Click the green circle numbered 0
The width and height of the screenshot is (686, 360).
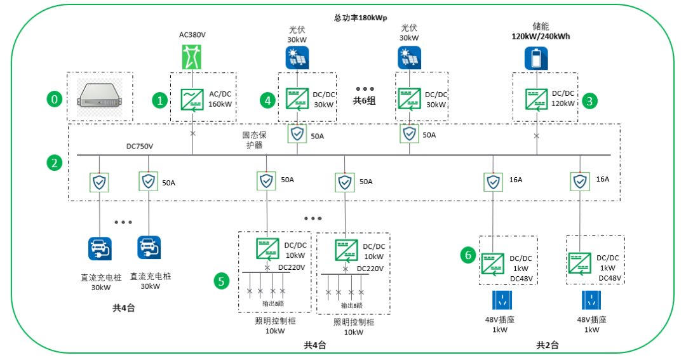click(x=55, y=99)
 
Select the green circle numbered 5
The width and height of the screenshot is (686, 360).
click(x=221, y=281)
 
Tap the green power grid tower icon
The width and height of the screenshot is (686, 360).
click(x=191, y=58)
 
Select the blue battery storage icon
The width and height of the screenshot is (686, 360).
click(x=535, y=58)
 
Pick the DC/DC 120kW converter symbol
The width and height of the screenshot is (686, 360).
click(x=537, y=99)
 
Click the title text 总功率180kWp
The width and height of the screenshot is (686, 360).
click(x=359, y=18)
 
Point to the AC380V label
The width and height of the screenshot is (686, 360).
click(x=191, y=34)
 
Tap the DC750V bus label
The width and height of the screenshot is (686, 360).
click(x=140, y=147)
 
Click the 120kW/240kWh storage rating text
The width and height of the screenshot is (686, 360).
click(x=541, y=36)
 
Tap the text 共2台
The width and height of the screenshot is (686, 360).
click(x=547, y=345)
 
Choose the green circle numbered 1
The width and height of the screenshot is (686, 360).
click(x=161, y=99)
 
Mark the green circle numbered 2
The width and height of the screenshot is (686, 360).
click(x=55, y=163)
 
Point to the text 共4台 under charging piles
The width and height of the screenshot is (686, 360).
click(x=124, y=308)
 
